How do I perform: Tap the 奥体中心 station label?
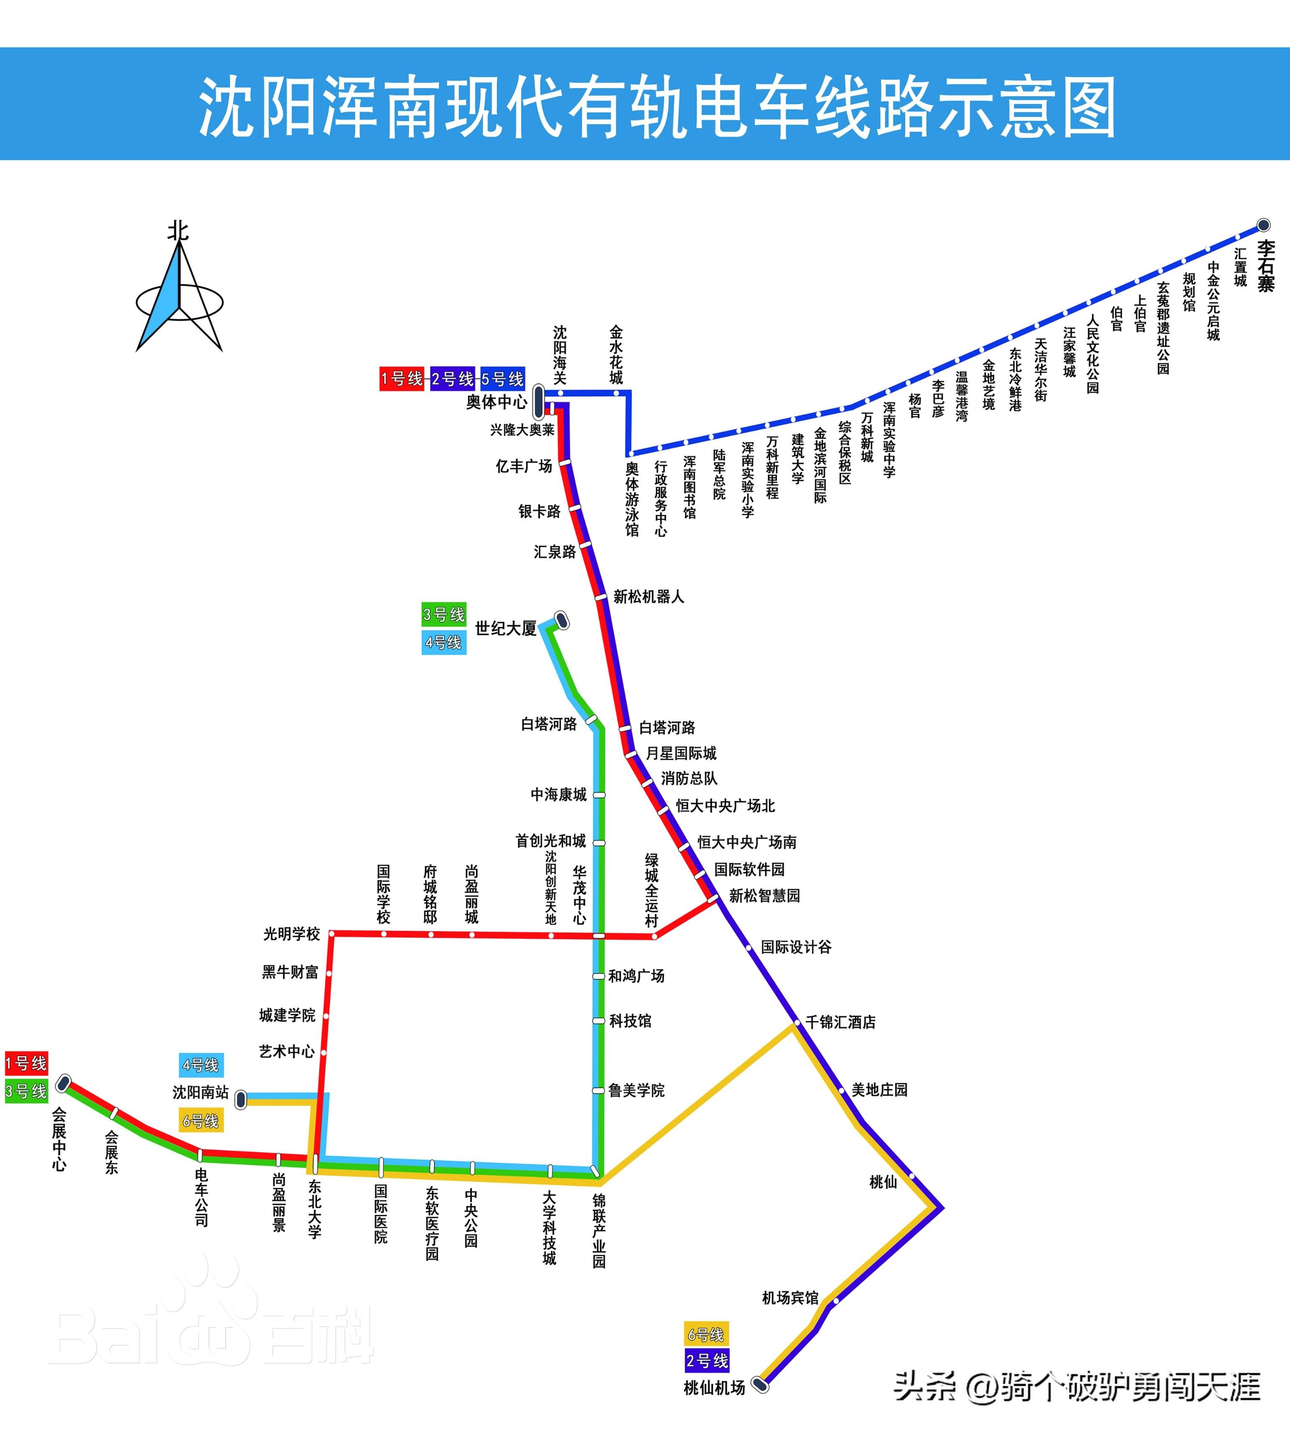point(496,402)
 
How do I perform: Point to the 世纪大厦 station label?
point(505,628)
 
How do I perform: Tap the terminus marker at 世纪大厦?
point(561,621)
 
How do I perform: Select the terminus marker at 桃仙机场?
point(760,1384)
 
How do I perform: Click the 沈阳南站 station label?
point(201,1092)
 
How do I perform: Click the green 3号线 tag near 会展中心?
point(26,1091)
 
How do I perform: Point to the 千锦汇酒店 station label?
point(841,1022)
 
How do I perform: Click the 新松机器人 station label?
point(649,597)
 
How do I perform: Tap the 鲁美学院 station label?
point(636,1090)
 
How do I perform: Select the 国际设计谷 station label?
point(796,947)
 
